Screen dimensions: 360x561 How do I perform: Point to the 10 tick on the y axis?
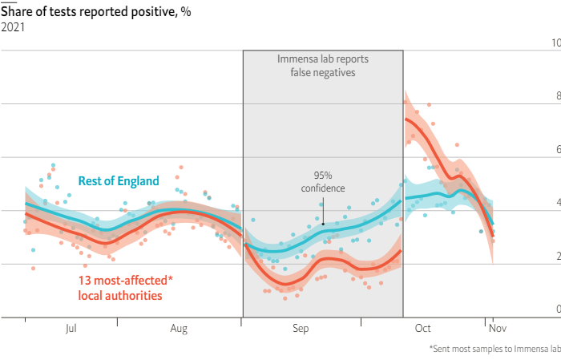[x=555, y=42]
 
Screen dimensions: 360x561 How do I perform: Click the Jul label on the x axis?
[x=71, y=328]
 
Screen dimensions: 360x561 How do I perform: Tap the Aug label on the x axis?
[x=180, y=328]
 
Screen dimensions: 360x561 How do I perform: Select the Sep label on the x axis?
[x=301, y=328]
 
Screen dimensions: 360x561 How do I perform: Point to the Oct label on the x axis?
[x=423, y=328]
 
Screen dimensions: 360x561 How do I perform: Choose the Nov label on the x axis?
[x=497, y=328]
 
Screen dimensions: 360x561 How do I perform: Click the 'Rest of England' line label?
[x=119, y=181]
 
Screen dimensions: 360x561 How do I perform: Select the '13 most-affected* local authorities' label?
[x=125, y=287]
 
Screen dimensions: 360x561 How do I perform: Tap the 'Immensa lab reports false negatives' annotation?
[x=322, y=66]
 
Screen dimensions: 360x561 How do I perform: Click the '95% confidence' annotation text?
[x=323, y=181]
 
